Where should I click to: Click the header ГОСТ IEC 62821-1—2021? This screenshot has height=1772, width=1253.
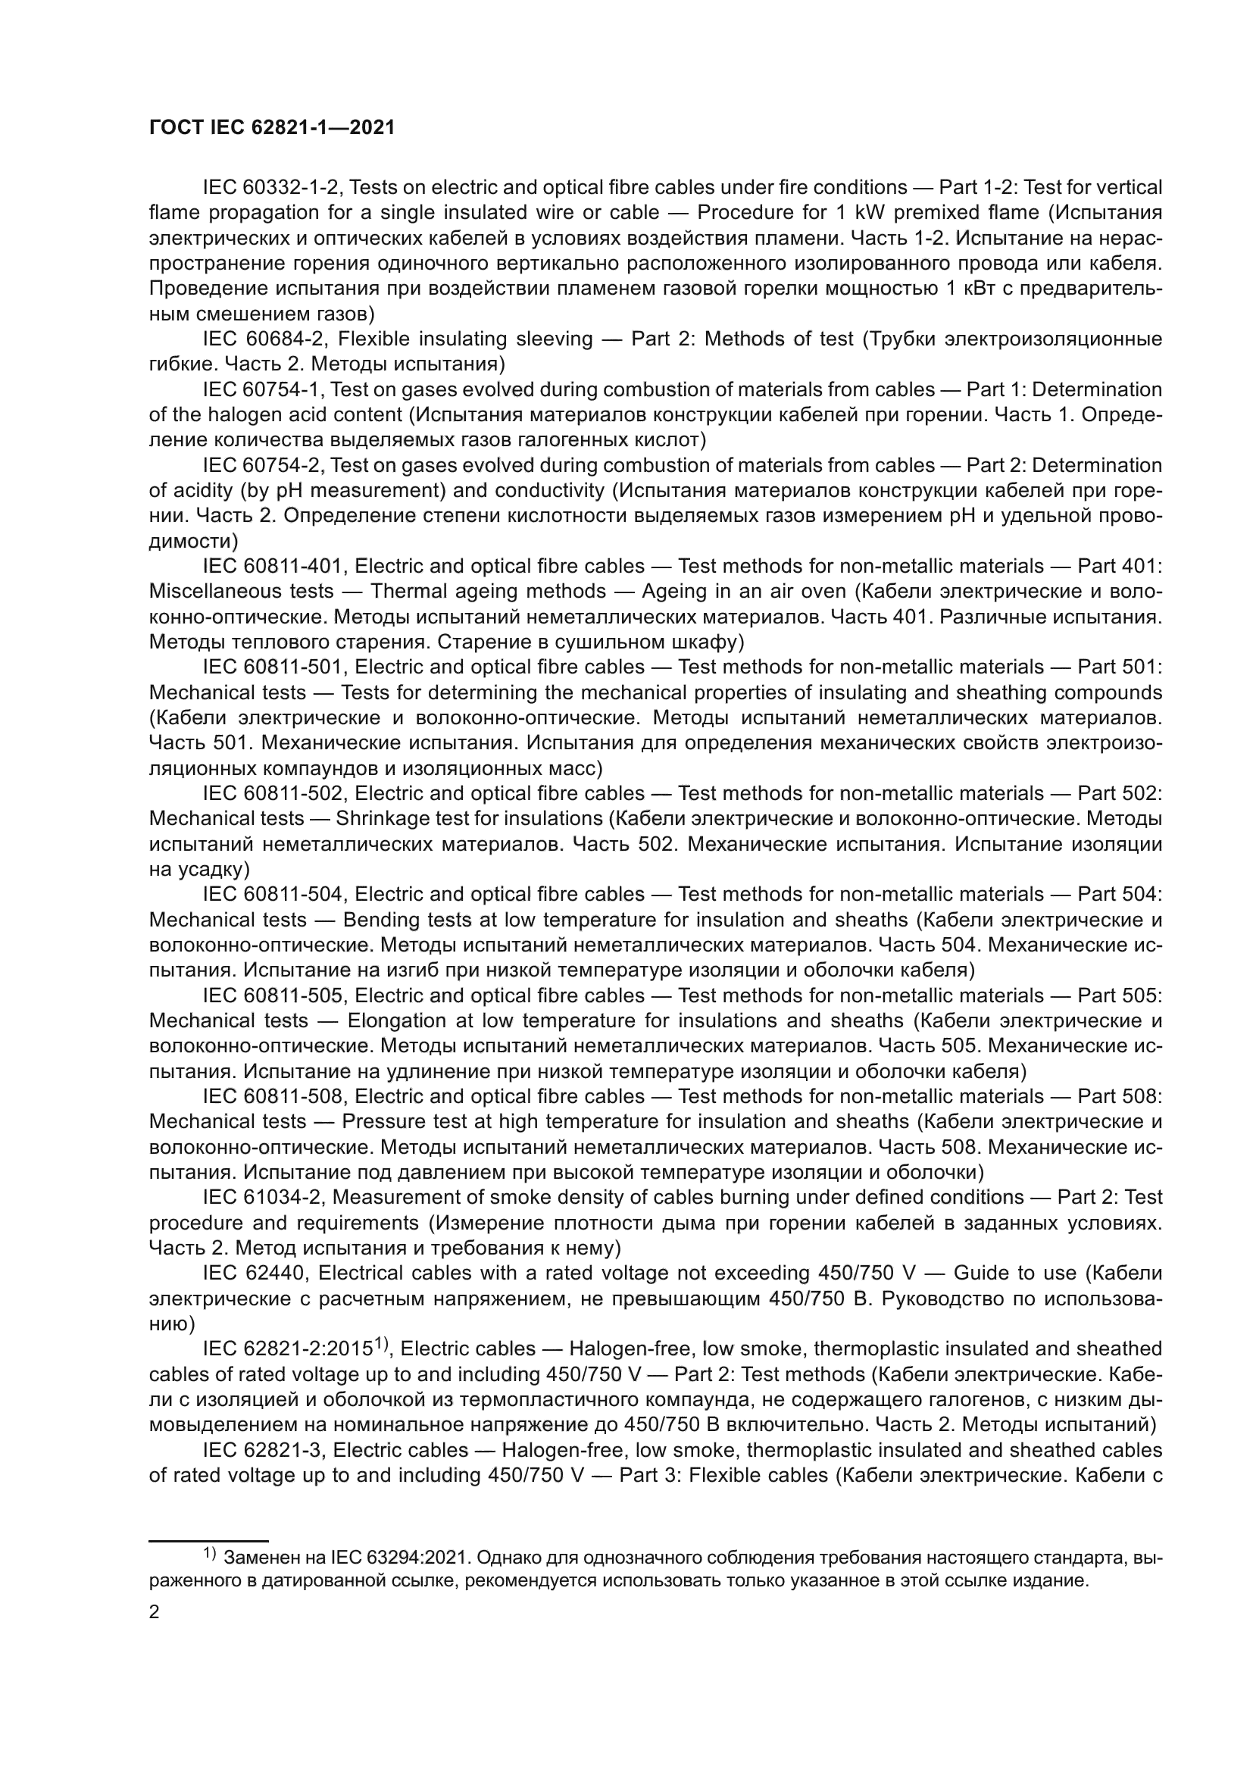pos(272,128)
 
